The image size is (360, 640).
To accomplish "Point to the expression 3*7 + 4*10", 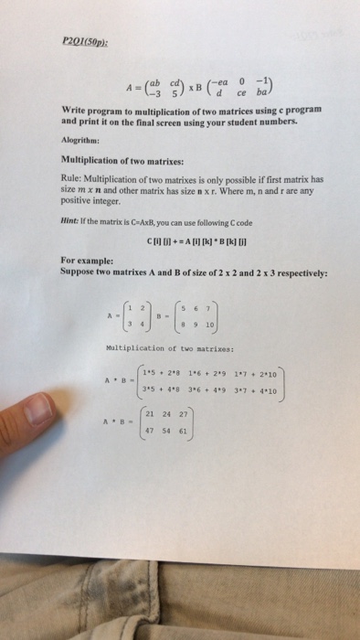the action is pos(258,392).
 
